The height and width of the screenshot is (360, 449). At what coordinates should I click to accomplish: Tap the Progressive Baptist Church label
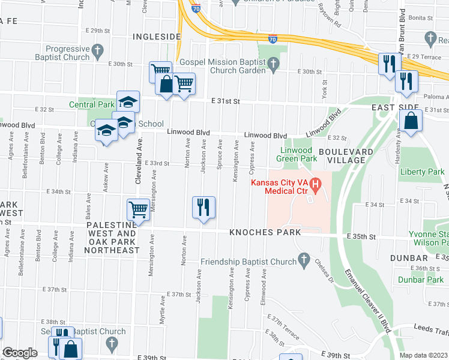53,53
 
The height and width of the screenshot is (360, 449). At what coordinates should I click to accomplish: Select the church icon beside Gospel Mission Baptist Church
274,63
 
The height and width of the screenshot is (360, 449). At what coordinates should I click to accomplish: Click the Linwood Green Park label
296,154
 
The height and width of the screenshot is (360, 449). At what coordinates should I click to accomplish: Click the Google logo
20,353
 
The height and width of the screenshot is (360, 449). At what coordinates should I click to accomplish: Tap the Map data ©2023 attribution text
423,355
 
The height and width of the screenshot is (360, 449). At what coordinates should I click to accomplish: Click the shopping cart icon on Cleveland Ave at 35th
138,210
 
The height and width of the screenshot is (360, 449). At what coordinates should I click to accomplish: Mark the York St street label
324,90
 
